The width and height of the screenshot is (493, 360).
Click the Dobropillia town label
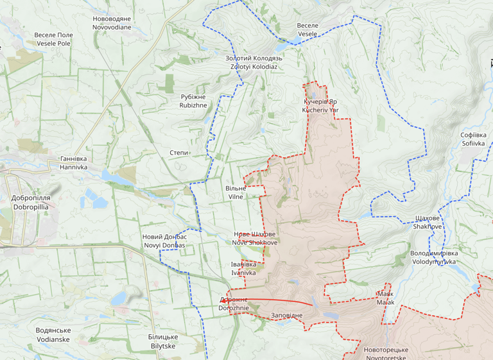pos(30,203)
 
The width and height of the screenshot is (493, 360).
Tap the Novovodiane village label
pos(112,23)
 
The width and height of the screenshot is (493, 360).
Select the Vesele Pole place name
pos(53,39)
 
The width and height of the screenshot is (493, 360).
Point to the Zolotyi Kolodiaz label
pos(254,62)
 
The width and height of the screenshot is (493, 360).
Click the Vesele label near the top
pos(307,29)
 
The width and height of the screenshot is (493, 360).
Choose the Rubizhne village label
pos(193,101)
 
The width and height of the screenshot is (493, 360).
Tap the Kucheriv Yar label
pos(320,106)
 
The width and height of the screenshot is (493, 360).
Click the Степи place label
pos(179,153)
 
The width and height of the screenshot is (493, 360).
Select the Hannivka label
pos(73,162)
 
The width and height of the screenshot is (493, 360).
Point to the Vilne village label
pos(236,193)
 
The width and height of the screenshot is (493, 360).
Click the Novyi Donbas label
pos(164,241)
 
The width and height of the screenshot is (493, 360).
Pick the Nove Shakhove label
pos(255,238)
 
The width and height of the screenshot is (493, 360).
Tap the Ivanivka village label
pos(243,268)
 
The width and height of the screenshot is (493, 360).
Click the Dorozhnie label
pos(234,304)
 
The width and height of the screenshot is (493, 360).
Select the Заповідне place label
pos(286,316)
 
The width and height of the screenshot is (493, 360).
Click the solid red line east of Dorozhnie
pos(276,300)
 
